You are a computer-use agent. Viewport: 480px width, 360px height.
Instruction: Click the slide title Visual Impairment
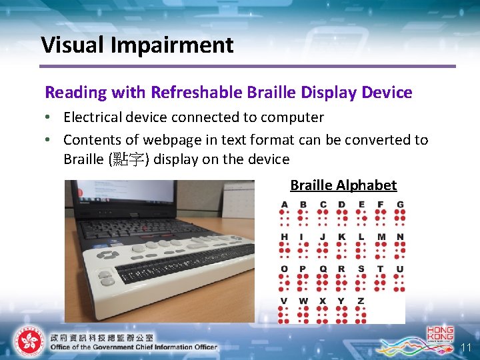click(x=137, y=45)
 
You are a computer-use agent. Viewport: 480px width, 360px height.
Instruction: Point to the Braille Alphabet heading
click(x=343, y=185)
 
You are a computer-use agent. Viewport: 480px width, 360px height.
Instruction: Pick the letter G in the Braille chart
click(x=400, y=204)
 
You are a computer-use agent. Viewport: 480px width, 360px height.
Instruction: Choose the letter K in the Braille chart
click(x=342, y=237)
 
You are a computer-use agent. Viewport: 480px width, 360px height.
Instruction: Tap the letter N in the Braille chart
click(x=400, y=237)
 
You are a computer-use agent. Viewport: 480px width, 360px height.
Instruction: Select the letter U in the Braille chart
click(x=400, y=269)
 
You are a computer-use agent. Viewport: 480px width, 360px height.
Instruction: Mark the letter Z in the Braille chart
click(x=361, y=301)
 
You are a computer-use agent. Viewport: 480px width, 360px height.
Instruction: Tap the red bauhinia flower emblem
click(x=28, y=341)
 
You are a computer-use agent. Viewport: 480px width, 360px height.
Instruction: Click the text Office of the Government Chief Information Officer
click(x=133, y=347)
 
